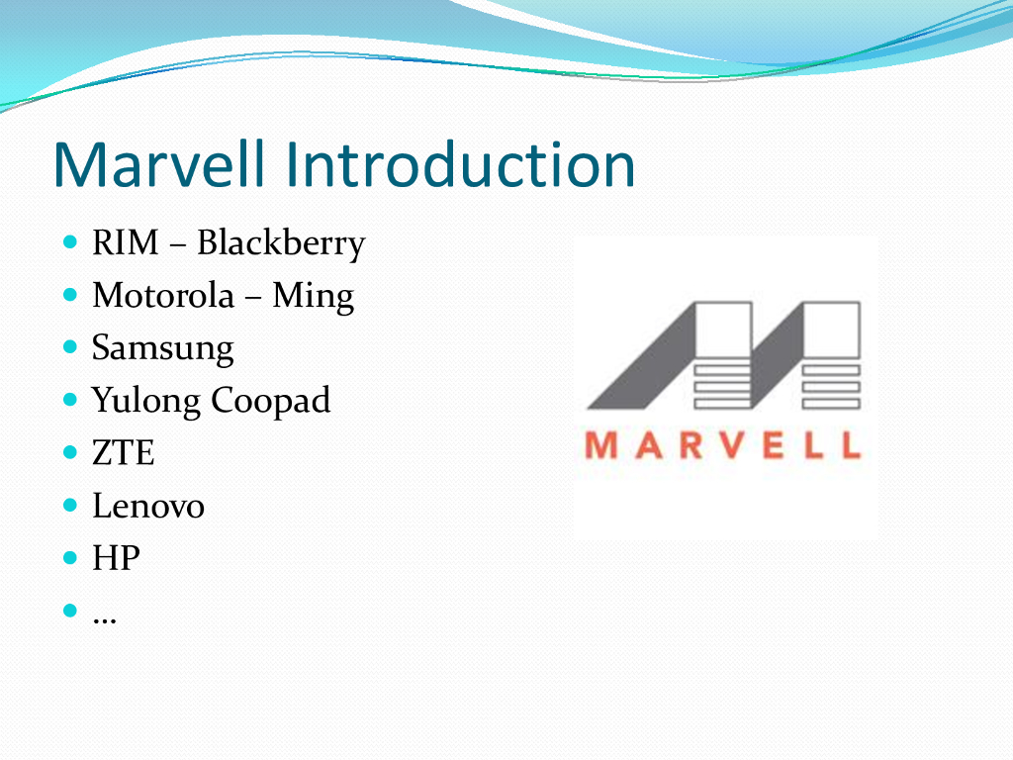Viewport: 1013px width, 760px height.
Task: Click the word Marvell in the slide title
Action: [x=159, y=164]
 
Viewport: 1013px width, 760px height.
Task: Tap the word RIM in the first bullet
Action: [x=126, y=243]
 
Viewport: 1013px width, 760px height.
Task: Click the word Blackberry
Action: [x=281, y=244]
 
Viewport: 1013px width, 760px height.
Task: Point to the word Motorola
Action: [x=163, y=296]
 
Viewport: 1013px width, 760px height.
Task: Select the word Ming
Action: [x=314, y=297]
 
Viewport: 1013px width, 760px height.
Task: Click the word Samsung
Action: [x=163, y=349]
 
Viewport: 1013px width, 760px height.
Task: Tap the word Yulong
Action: [x=146, y=402]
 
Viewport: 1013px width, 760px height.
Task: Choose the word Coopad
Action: [x=271, y=402]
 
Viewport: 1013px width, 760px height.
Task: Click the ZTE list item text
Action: [x=124, y=453]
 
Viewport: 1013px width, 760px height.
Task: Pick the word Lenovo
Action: [x=148, y=506]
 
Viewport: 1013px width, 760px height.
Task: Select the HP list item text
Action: [x=117, y=558]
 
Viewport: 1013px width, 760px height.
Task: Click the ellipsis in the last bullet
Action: [x=105, y=621]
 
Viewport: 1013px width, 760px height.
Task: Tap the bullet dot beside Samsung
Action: [x=70, y=347]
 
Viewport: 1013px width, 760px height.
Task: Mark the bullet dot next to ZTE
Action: [x=70, y=451]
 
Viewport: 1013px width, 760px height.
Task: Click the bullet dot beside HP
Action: [x=70, y=557]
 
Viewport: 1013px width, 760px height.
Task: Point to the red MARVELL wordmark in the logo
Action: [x=723, y=446]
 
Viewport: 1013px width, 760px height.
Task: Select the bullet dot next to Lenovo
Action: [x=70, y=505]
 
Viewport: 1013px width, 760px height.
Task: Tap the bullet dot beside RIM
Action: [x=70, y=242]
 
